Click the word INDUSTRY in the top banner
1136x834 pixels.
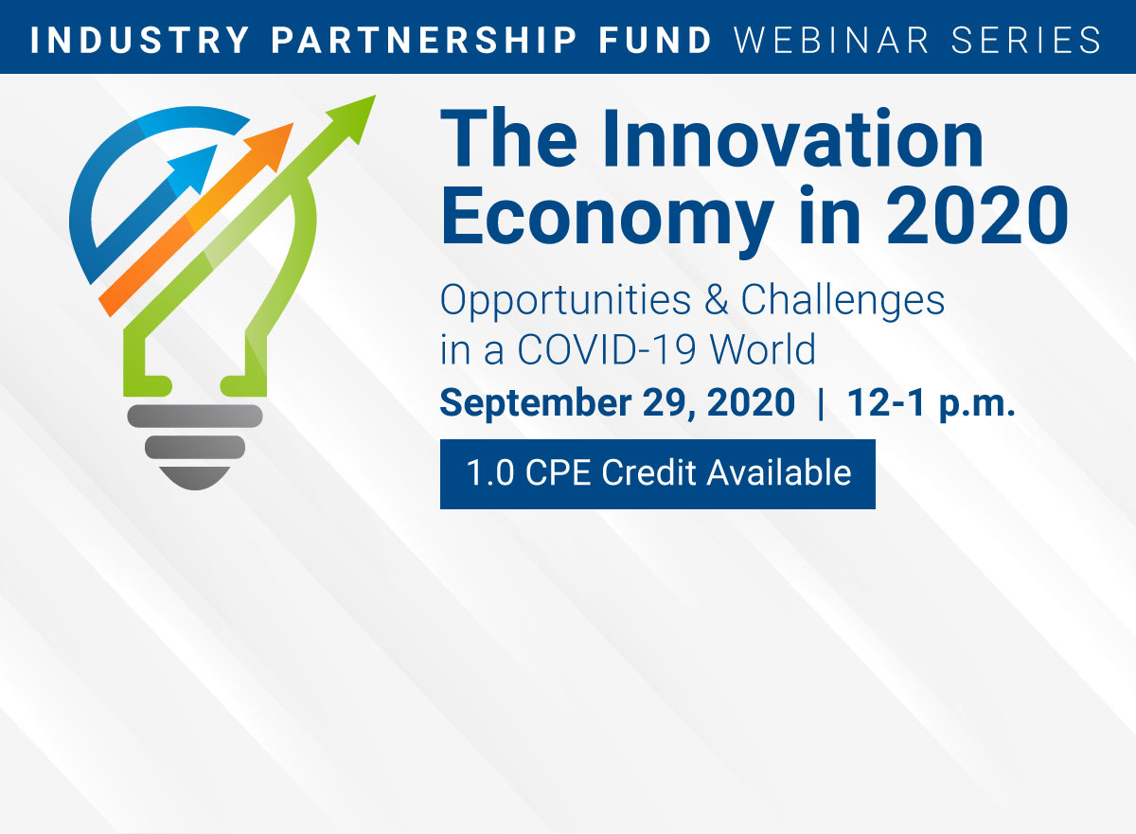click(x=140, y=40)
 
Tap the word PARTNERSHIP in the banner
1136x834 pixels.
click(x=424, y=40)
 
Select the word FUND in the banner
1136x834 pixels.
click(x=655, y=40)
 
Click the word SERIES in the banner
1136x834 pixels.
click(x=1026, y=40)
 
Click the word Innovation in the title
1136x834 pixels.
click(x=792, y=138)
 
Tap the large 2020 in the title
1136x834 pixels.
click(x=977, y=216)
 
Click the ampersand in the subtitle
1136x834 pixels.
click(x=716, y=299)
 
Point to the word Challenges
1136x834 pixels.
click(x=843, y=301)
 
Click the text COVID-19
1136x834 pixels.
click(x=607, y=349)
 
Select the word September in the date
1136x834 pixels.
click(x=536, y=403)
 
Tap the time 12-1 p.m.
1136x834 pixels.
click(x=932, y=403)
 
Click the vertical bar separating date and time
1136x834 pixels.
click(x=821, y=403)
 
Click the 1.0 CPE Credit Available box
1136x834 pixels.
click(x=658, y=474)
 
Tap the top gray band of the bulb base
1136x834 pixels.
click(x=195, y=416)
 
